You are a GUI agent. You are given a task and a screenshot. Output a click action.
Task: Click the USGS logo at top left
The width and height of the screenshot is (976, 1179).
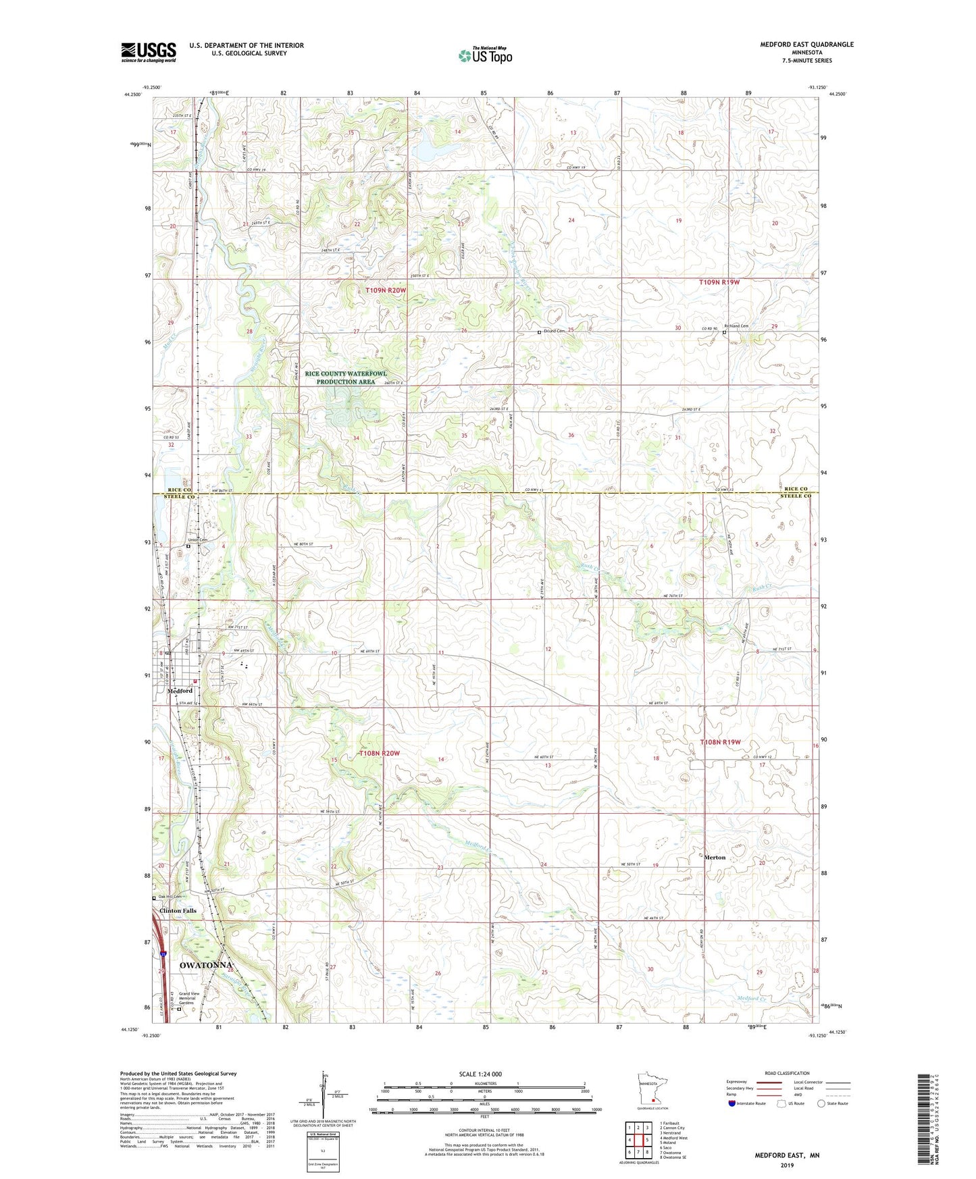[149, 52]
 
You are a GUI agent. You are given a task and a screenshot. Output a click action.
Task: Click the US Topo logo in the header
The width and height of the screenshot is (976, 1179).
[484, 55]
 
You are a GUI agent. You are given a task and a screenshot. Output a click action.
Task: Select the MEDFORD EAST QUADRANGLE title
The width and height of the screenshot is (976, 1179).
[806, 45]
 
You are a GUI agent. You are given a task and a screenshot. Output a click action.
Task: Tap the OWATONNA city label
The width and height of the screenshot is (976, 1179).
[205, 966]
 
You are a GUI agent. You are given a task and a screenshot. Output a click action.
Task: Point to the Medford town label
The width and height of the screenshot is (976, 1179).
[180, 691]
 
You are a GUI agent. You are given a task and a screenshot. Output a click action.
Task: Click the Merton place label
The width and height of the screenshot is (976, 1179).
[715, 858]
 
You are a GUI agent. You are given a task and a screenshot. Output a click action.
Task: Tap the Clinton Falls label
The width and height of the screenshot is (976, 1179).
[178, 911]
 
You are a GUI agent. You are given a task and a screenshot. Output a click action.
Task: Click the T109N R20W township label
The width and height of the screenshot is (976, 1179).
[386, 290]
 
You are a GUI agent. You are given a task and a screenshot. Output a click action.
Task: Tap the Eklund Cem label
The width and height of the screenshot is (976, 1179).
[554, 331]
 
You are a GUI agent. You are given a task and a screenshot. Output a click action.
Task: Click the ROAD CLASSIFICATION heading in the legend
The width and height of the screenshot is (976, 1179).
[787, 1073]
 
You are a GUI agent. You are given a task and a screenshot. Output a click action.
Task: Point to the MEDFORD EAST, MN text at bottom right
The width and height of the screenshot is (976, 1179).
[787, 1155]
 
